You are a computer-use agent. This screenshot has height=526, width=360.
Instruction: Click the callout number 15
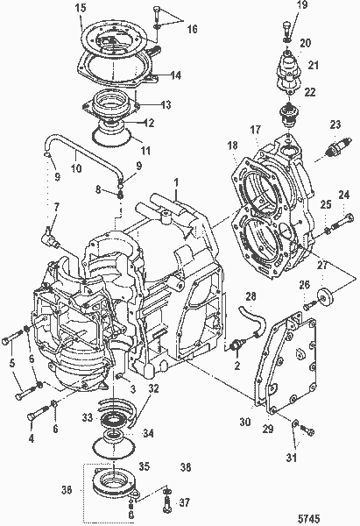click(81, 9)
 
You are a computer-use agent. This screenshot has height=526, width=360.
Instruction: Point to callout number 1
click(175, 183)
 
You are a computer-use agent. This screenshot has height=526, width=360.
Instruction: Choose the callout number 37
click(184, 503)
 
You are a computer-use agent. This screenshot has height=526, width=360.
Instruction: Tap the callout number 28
click(251, 298)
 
